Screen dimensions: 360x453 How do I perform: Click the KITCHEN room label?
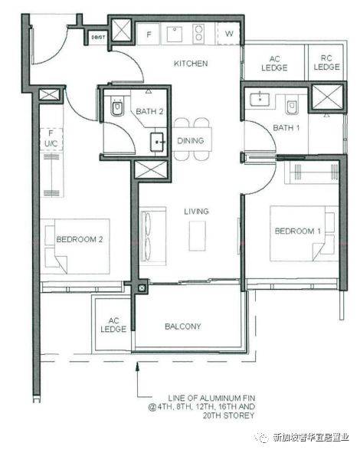coord(191,64)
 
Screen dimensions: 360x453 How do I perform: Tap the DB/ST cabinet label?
coord(98,38)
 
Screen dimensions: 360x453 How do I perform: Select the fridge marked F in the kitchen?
coord(148,34)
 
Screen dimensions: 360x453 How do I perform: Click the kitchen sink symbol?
coord(175,34)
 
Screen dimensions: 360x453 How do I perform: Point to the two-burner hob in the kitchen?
coord(198,34)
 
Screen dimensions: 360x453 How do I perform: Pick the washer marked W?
coord(229,34)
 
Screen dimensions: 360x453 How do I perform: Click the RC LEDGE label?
coord(326,63)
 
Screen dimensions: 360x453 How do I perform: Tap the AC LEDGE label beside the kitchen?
coord(274,64)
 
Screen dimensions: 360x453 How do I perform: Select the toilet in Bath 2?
coord(117,107)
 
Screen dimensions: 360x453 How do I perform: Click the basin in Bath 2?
coord(157,142)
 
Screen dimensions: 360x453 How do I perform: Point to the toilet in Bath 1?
coord(292,106)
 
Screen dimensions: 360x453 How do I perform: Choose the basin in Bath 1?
coord(260,98)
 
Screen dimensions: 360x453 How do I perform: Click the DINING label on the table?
coord(191,141)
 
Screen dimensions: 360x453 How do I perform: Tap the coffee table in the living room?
coord(198,236)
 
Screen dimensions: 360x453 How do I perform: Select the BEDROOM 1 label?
coord(298,231)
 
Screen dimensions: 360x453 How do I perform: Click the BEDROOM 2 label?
coord(80,239)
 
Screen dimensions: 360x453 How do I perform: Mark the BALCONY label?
coord(183,327)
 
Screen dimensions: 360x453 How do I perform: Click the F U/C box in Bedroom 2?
coord(51,138)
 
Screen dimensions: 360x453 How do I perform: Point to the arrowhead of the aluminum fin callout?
coord(137,364)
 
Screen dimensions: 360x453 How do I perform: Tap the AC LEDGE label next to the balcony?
coord(113,325)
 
